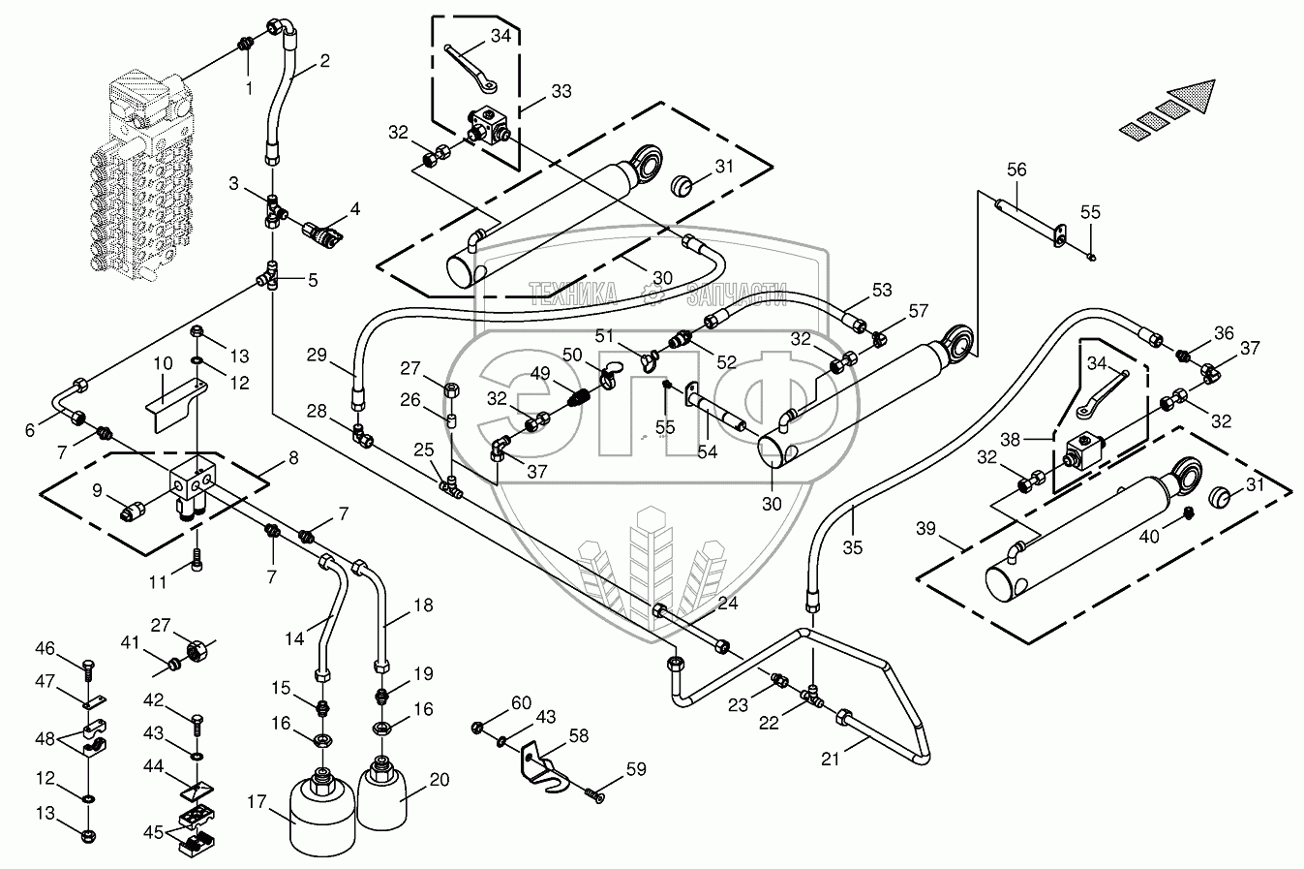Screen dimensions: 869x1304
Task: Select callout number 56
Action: click(1016, 169)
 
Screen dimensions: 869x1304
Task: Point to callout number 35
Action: click(853, 546)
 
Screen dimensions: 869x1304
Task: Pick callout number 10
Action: click(163, 363)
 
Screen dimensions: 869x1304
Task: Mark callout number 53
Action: click(882, 289)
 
